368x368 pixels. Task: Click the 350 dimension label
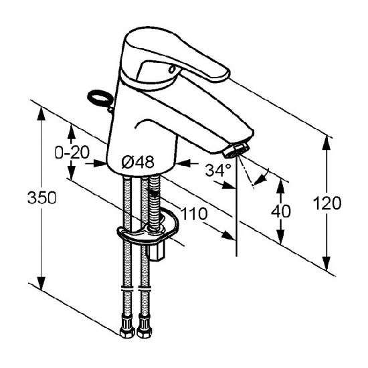(x=42, y=197)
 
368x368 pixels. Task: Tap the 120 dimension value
(x=327, y=203)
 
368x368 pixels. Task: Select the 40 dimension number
(x=281, y=211)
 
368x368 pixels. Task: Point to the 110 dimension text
(x=195, y=214)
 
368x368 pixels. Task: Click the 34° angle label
(x=218, y=170)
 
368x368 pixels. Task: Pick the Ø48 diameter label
(x=138, y=162)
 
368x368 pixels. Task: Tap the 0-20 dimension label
(x=72, y=153)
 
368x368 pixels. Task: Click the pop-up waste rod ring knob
(x=99, y=98)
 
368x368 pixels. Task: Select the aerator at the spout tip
(x=236, y=149)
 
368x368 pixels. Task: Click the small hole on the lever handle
(x=173, y=70)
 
